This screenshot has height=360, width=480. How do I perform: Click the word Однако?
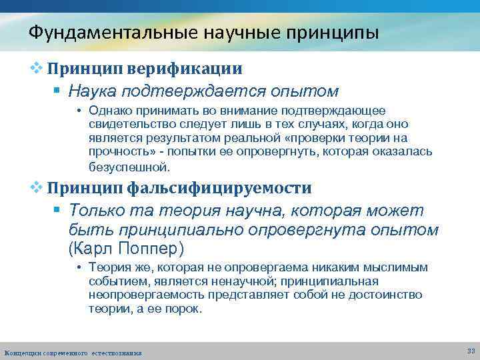(109, 111)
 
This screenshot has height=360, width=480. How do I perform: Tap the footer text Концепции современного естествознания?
(73, 352)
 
